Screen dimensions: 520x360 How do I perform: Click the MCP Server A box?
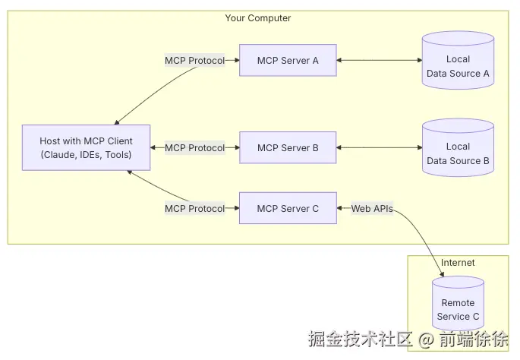pyautogui.click(x=288, y=61)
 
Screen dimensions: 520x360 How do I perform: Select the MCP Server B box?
pyautogui.click(x=288, y=147)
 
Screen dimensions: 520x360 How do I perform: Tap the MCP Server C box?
pyautogui.click(x=288, y=208)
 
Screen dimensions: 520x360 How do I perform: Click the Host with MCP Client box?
pyautogui.click(x=87, y=147)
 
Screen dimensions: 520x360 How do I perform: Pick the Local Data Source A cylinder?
pyautogui.click(x=458, y=61)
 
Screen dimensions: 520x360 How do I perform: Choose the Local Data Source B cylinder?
pyautogui.click(x=458, y=147)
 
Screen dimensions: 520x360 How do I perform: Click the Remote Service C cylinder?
pyautogui.click(x=458, y=303)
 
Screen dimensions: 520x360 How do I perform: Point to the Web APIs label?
pyautogui.click(x=372, y=208)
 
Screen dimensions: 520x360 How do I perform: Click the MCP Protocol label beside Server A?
pyautogui.click(x=194, y=61)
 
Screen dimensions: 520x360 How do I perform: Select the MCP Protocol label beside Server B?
pyautogui.click(x=194, y=147)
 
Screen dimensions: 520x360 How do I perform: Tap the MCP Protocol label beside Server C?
pyautogui.click(x=194, y=208)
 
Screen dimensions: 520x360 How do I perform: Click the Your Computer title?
pyautogui.click(x=258, y=18)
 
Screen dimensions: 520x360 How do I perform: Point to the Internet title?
pyautogui.click(x=458, y=263)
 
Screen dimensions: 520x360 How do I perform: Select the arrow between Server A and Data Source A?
pyautogui.click(x=380, y=60)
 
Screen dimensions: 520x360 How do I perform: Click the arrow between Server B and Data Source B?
pyautogui.click(x=380, y=147)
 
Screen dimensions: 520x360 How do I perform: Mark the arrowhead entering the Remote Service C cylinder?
pyautogui.click(x=442, y=273)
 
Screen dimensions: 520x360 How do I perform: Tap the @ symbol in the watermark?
pyautogui.click(x=426, y=339)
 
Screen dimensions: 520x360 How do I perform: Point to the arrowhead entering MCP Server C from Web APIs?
pyautogui.click(x=339, y=208)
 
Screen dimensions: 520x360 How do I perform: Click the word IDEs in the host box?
pyautogui.click(x=90, y=155)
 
